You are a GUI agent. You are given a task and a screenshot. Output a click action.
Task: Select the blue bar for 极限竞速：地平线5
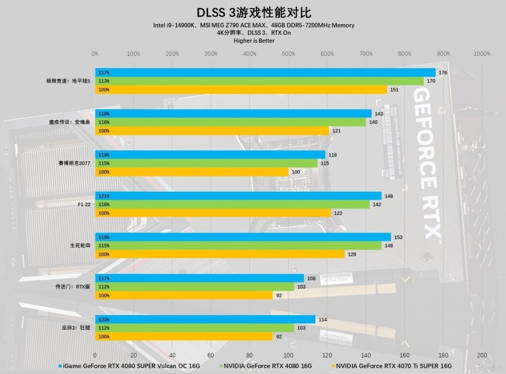click(265, 73)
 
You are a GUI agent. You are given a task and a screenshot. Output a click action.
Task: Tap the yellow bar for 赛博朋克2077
click(192, 172)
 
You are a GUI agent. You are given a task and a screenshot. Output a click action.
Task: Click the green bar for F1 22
click(232, 204)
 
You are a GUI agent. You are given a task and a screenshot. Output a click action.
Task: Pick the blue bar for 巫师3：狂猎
click(205, 320)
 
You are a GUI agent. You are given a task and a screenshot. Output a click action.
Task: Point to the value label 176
click(443, 73)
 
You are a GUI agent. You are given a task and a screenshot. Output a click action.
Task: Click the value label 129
click(352, 254)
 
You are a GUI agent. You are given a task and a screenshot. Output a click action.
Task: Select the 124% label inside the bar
click(103, 320)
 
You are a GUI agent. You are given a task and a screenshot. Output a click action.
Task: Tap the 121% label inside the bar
click(103, 196)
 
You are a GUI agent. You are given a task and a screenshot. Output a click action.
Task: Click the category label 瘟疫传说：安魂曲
click(70, 122)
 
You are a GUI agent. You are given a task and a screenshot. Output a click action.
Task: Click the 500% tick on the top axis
click(288, 54)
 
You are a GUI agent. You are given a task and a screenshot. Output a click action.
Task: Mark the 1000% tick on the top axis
click(482, 54)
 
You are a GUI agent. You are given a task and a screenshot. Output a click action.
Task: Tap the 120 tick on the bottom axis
click(327, 355)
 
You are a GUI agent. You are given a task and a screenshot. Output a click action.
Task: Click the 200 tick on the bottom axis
click(482, 355)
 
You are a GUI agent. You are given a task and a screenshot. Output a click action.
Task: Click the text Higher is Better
click(254, 41)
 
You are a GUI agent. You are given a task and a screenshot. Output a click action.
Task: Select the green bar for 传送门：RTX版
click(194, 286)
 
